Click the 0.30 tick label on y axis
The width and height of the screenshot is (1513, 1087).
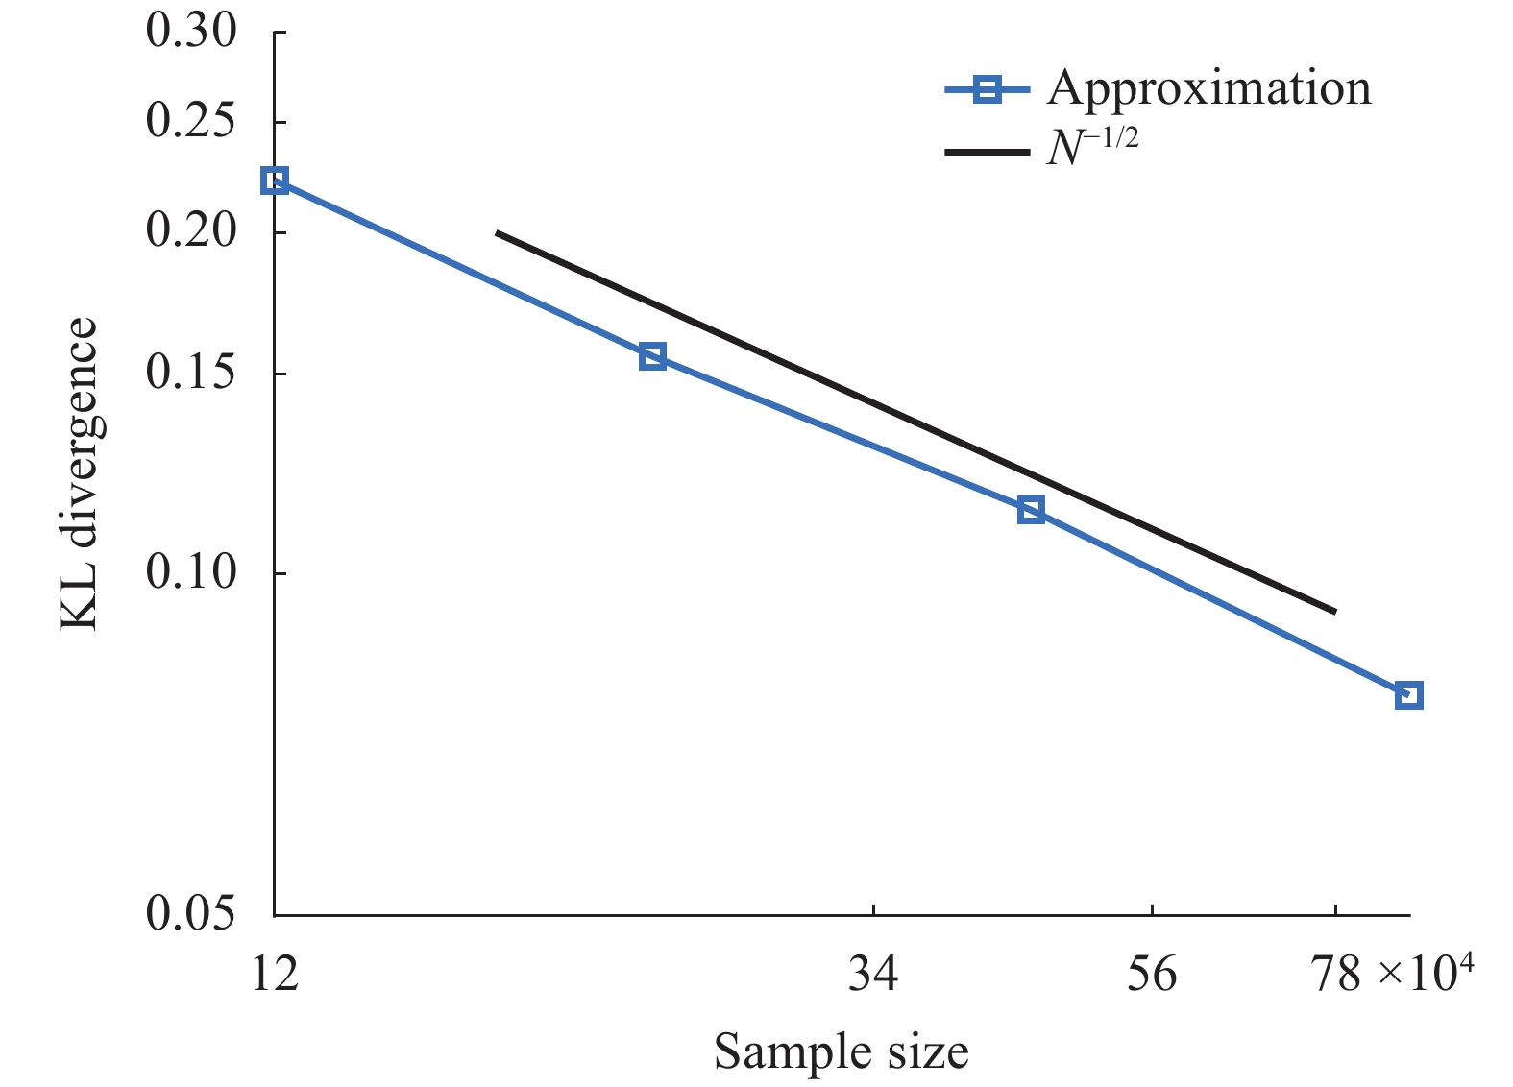191,32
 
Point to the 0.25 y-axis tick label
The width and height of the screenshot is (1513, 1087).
191,122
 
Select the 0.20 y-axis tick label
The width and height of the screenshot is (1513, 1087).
191,231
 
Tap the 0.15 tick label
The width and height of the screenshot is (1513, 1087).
191,373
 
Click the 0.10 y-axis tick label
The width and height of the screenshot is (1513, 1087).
191,572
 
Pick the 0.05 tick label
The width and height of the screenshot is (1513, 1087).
191,914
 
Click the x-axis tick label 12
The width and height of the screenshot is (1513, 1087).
275,974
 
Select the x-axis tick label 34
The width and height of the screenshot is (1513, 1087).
873,974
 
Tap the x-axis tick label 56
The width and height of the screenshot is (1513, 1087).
1152,974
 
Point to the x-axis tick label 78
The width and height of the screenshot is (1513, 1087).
1335,974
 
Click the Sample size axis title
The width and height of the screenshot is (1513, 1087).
841,1051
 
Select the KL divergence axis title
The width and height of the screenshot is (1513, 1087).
80,473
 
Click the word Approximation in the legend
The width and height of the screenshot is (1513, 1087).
1208,88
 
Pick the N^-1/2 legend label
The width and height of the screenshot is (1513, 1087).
1091,147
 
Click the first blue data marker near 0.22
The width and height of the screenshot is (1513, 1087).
275,181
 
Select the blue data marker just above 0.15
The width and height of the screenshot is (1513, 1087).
652,357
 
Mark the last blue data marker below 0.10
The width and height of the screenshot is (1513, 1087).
1408,695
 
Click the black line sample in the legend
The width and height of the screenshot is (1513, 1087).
988,152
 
